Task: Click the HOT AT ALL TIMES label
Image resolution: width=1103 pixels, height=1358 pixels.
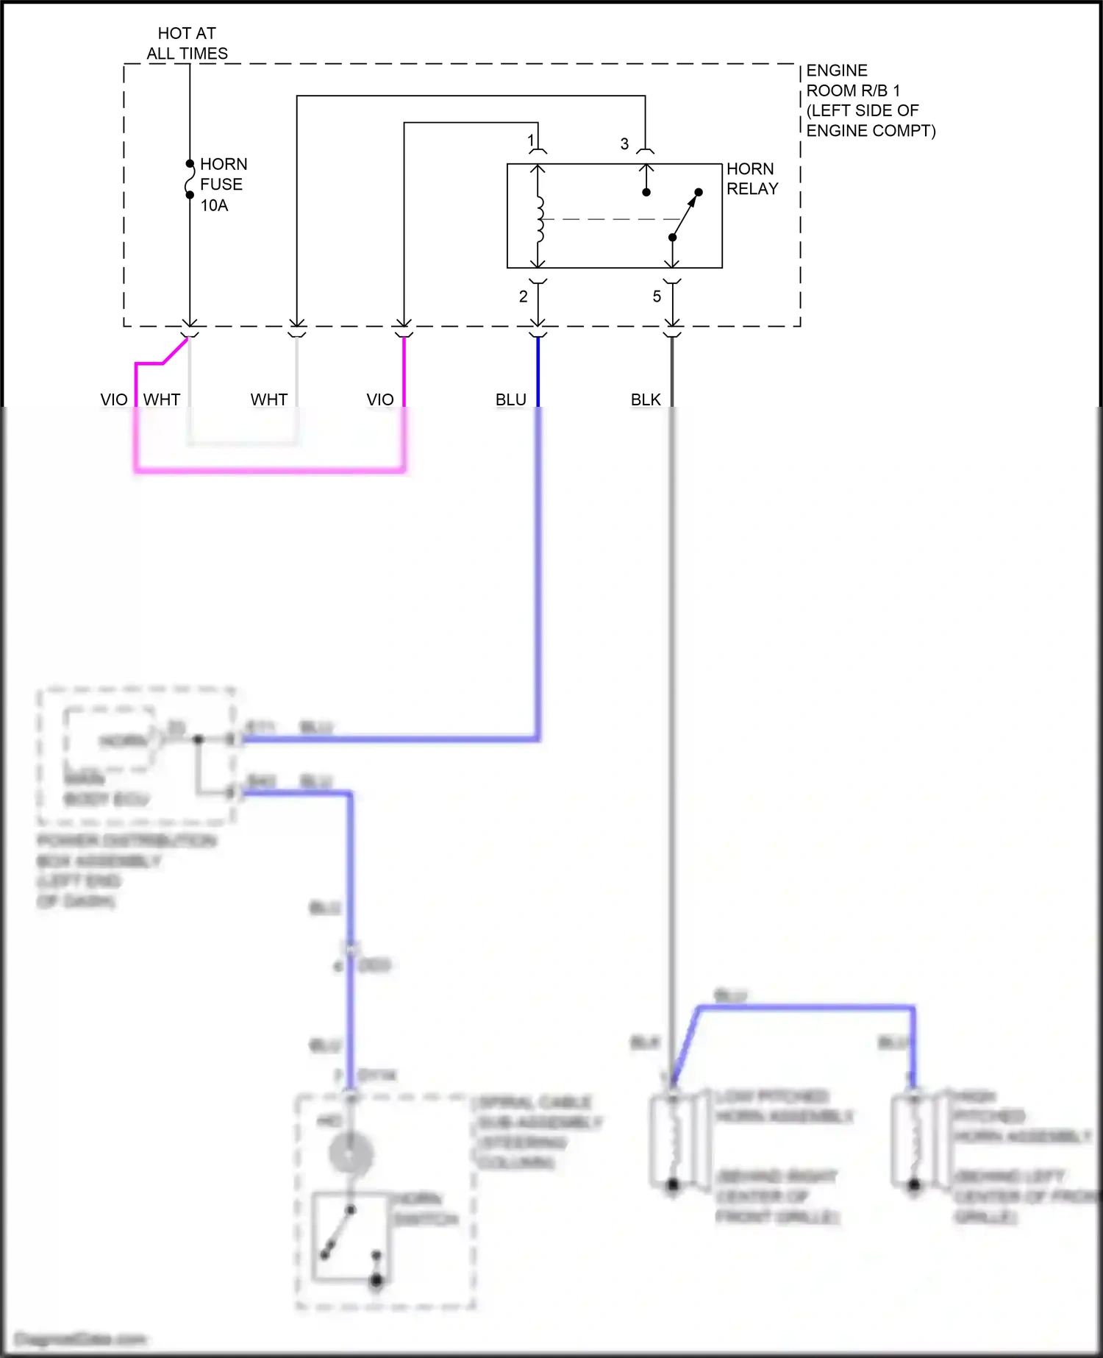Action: click(187, 43)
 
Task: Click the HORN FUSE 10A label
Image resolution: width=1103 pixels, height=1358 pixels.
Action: click(224, 185)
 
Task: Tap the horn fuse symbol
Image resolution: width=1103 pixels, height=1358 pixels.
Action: click(189, 179)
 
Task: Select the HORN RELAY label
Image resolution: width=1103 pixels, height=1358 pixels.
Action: click(752, 179)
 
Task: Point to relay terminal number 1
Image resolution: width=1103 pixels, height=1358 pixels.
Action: click(531, 140)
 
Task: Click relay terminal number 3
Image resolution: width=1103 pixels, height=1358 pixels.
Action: click(624, 143)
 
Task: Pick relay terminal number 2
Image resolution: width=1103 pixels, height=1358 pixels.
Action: click(523, 296)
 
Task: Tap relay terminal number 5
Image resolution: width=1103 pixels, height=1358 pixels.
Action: click(657, 296)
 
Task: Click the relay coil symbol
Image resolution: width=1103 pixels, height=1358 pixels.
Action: click(540, 219)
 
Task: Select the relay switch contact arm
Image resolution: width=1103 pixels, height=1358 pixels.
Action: click(685, 216)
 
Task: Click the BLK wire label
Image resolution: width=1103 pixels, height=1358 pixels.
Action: click(646, 399)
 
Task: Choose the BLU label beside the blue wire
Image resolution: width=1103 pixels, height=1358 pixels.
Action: click(511, 399)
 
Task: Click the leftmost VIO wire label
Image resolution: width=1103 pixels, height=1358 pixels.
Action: click(114, 399)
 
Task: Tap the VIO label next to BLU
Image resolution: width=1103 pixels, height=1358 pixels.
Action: click(380, 399)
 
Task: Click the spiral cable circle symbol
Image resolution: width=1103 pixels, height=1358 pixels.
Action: click(351, 1153)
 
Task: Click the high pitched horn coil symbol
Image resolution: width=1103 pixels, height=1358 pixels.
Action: click(913, 1140)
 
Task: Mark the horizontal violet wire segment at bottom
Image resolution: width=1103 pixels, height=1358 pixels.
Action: click(270, 469)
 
